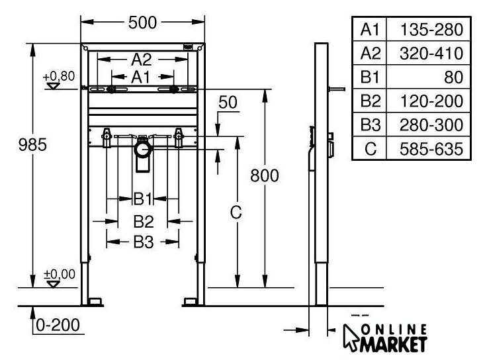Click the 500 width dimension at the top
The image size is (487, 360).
pos(142,22)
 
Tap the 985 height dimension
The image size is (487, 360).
pos(32,145)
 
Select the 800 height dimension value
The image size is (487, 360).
pos(265,175)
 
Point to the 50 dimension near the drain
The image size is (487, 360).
pos(228,102)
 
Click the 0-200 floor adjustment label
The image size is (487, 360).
pos(58,325)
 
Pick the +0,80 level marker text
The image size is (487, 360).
pos(59,76)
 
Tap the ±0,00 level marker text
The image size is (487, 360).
pos(60,274)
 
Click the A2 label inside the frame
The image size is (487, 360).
pos(142,60)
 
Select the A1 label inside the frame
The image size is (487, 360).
pos(140,77)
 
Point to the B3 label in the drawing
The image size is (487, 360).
pos(144,242)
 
